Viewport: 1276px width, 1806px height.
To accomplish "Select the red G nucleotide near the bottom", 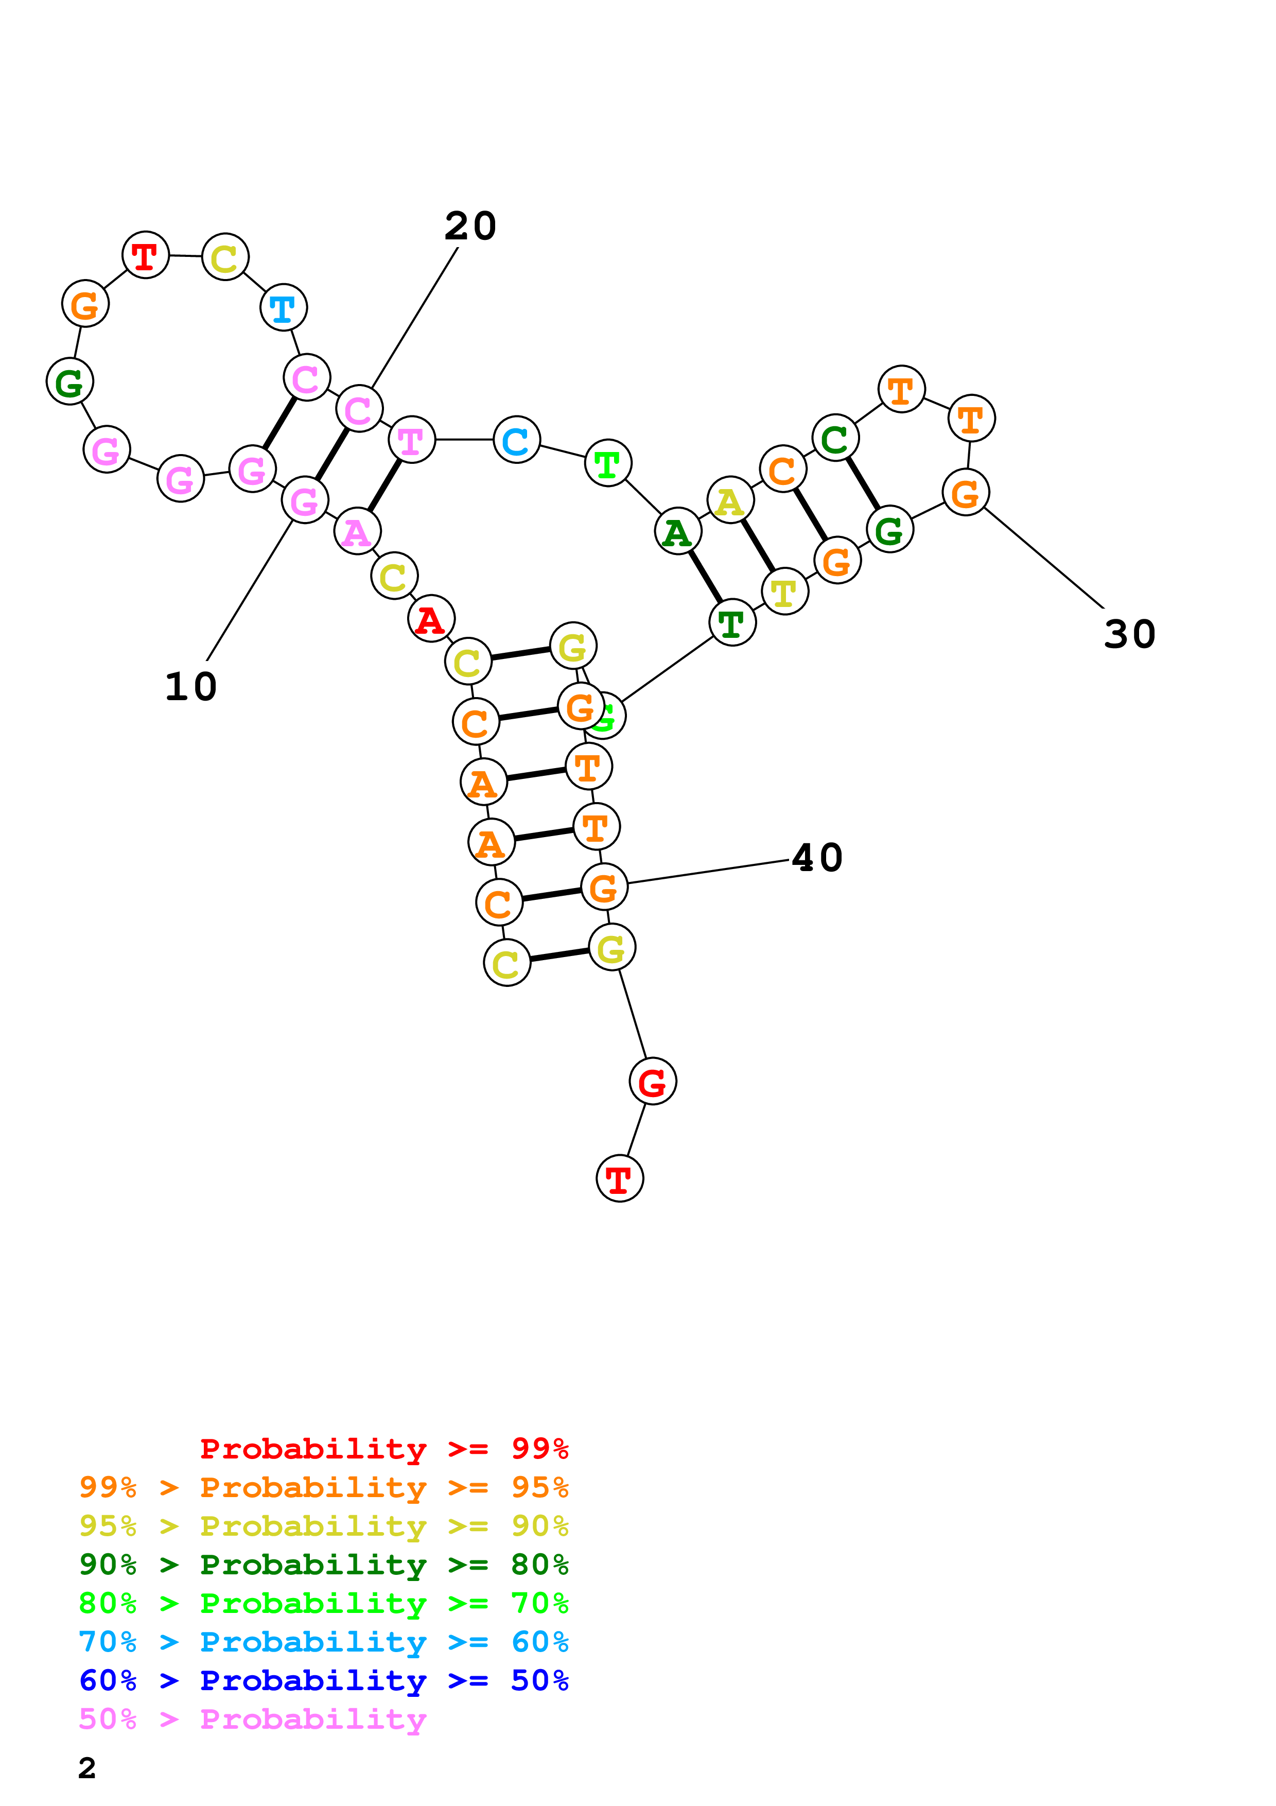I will coord(653,1082).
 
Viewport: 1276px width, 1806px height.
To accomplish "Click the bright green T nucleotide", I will coord(608,463).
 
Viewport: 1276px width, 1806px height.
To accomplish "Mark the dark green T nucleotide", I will coord(732,623).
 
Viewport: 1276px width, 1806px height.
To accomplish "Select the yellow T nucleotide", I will coord(784,592).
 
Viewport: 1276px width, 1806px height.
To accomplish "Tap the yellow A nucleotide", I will coord(730,500).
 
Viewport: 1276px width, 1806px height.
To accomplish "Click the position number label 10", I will coord(191,687).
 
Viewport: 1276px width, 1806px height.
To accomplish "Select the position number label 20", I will coord(470,227).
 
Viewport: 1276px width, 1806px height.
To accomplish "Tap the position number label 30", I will coord(1129,634).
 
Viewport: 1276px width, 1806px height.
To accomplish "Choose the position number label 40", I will coord(817,857).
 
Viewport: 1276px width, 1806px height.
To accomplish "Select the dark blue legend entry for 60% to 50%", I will coord(323,1681).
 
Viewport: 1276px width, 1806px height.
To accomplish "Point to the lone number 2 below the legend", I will coord(88,1767).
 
